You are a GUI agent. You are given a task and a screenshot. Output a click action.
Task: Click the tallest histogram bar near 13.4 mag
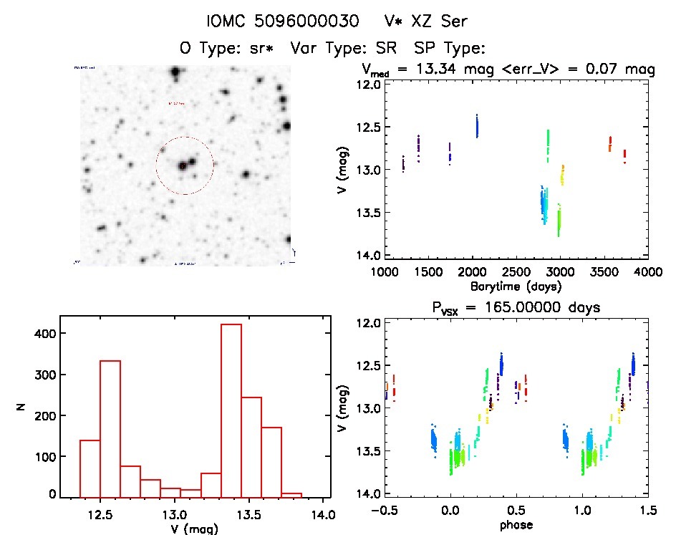[x=231, y=408]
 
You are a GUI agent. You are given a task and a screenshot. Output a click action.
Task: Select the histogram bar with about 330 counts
[x=110, y=427]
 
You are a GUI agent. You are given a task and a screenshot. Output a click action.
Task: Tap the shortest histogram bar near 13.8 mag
[x=291, y=494]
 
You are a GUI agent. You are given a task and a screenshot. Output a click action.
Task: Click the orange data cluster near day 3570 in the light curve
[x=610, y=143]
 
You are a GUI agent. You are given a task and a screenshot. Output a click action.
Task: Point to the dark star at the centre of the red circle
[x=183, y=166]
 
